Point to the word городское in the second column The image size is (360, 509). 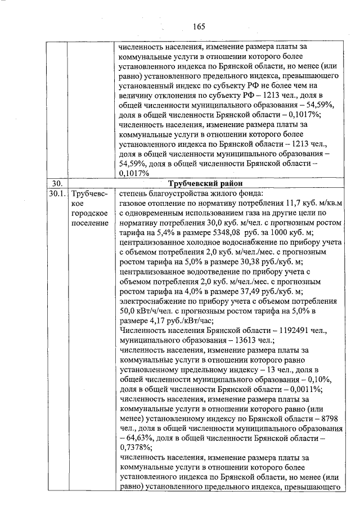point(87,214)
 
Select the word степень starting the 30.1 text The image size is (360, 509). point(136,194)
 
